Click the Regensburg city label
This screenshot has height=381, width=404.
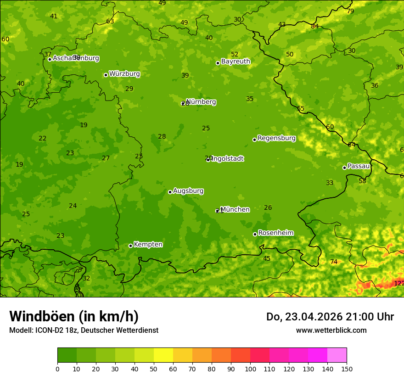tap(276, 138)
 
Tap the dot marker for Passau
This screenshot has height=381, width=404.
tap(344, 168)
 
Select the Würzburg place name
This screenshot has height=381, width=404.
tap(124, 74)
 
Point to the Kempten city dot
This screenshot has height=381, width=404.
tap(130, 246)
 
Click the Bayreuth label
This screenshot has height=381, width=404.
tap(236, 62)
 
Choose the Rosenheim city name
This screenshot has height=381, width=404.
tap(275, 233)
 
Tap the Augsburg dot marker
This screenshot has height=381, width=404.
tap(170, 192)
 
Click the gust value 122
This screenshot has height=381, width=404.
tap(399, 283)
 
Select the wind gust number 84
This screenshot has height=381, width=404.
tap(314, 26)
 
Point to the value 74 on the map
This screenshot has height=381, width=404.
tap(334, 262)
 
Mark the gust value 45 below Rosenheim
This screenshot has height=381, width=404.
tap(267, 258)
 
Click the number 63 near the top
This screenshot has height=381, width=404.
tap(110, 21)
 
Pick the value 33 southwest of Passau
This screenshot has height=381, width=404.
tap(330, 183)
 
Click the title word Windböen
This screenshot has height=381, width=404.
tap(42, 316)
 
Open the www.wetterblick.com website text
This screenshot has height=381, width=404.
tap(331, 330)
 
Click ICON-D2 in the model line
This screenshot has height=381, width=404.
tap(51, 330)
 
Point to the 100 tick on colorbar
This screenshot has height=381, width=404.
tap(250, 368)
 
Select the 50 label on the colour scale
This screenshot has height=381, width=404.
tap(154, 368)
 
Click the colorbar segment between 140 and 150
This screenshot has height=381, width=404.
tap(337, 355)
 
